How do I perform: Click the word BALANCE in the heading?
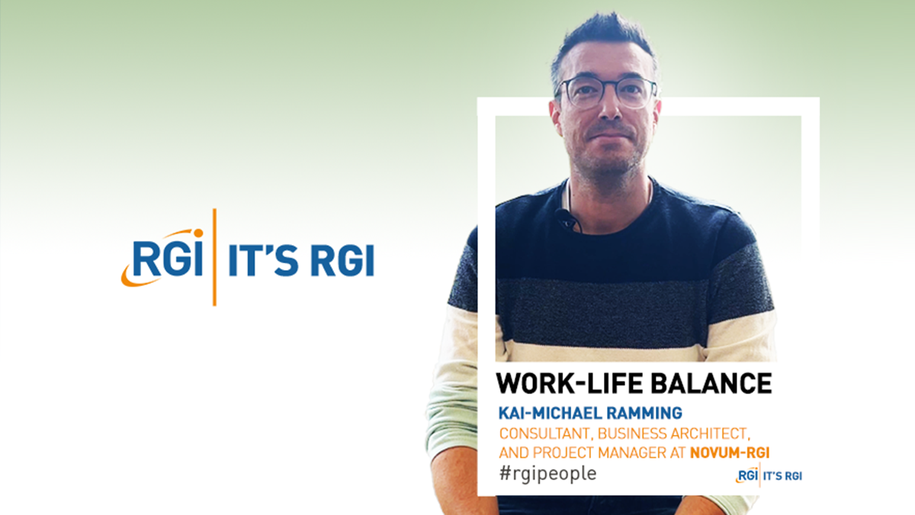click(x=711, y=383)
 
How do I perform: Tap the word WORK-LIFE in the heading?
click(x=570, y=383)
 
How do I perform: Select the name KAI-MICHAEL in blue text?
click(x=550, y=414)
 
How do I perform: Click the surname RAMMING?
click(x=644, y=414)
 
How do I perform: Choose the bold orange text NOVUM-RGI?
click(x=730, y=453)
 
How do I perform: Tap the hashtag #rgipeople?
click(x=547, y=474)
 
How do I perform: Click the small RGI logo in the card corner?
click(x=747, y=475)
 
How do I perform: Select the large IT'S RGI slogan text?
click(x=301, y=260)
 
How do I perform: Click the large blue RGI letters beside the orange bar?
click(x=168, y=259)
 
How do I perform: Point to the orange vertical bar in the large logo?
click(x=214, y=257)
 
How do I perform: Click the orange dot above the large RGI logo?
click(x=198, y=233)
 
